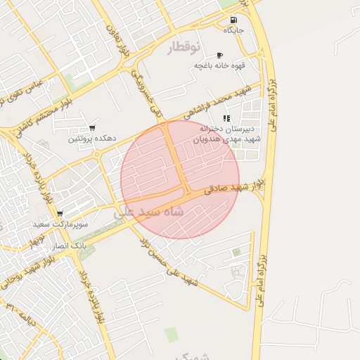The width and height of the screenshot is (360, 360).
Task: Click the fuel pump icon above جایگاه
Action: pyautogui.click(x=233, y=20)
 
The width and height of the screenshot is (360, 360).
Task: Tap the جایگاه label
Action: pyautogui.click(x=233, y=30)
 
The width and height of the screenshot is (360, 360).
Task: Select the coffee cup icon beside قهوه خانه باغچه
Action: pyautogui.click(x=219, y=55)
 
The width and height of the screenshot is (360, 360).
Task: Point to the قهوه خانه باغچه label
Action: pyautogui.click(x=220, y=65)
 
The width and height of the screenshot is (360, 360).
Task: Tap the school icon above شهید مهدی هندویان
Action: pyautogui.click(x=226, y=118)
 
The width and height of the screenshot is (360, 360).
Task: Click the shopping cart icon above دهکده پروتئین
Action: pyautogui.click(x=92, y=128)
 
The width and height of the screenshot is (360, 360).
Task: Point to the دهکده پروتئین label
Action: pyautogui.click(x=92, y=139)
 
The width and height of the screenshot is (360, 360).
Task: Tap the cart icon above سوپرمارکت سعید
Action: pyautogui.click(x=60, y=213)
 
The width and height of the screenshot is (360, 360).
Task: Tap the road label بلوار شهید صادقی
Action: pyautogui.click(x=235, y=186)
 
